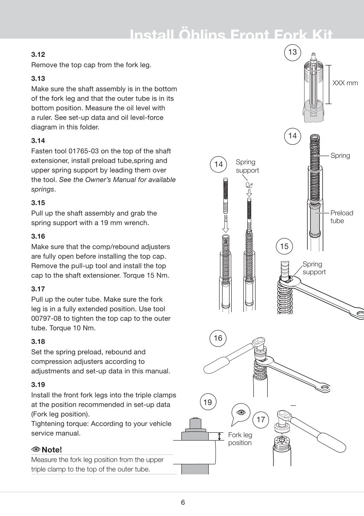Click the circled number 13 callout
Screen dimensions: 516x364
click(x=292, y=52)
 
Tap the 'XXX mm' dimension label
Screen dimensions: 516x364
click(x=345, y=82)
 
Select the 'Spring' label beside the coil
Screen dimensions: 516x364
click(x=340, y=155)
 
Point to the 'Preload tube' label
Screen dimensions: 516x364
click(x=341, y=217)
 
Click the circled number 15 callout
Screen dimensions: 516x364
click(x=284, y=246)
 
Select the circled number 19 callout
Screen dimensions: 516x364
click(x=208, y=402)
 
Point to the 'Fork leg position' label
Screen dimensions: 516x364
click(x=240, y=439)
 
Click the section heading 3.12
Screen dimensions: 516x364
click(x=38, y=55)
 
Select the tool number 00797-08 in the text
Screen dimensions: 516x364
click(x=46, y=319)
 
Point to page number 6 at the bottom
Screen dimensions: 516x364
click(x=183, y=503)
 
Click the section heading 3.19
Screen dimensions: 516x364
click(x=38, y=385)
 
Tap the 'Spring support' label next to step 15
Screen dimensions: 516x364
click(x=314, y=268)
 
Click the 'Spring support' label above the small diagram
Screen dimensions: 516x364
click(x=247, y=166)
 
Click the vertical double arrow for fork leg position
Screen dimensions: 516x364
click(x=220, y=436)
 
